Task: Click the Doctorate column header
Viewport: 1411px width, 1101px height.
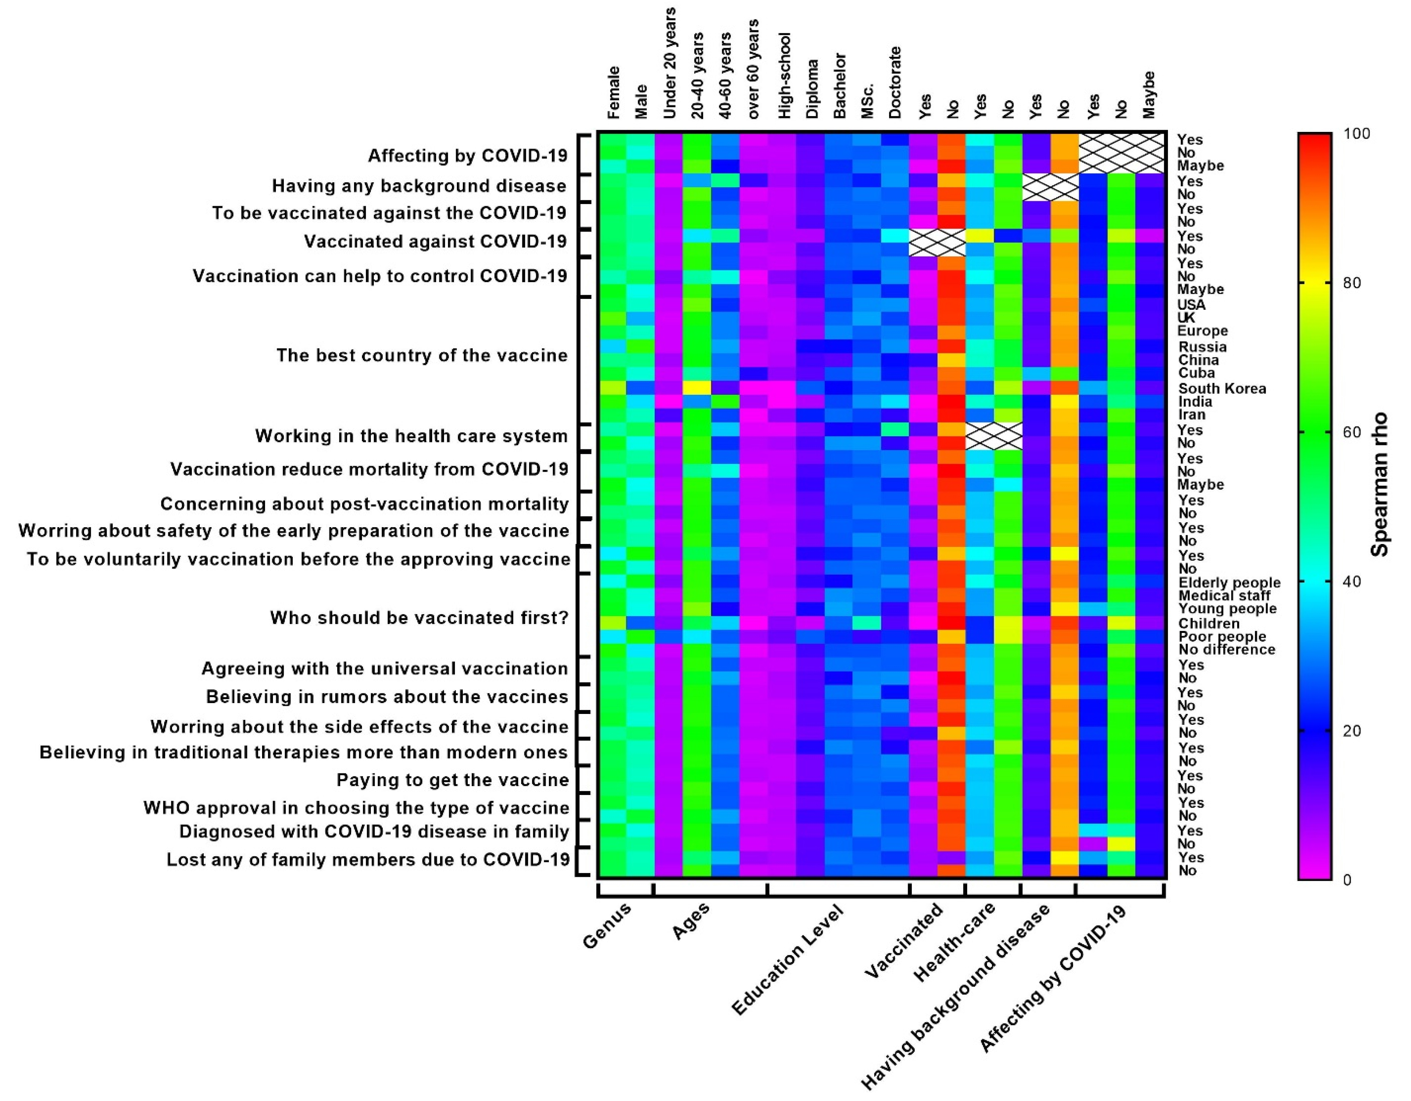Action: point(895,83)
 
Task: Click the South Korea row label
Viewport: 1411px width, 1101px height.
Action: point(1222,389)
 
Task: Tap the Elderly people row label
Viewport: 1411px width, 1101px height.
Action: point(1229,582)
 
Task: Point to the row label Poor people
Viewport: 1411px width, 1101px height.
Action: point(1222,637)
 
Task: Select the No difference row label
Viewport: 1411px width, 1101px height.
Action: point(1226,650)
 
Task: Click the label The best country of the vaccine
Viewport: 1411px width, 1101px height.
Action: point(422,356)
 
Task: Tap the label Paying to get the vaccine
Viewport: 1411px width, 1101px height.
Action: point(452,780)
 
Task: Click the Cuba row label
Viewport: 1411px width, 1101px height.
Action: point(1196,373)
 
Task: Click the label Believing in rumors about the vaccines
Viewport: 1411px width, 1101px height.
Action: point(387,698)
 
